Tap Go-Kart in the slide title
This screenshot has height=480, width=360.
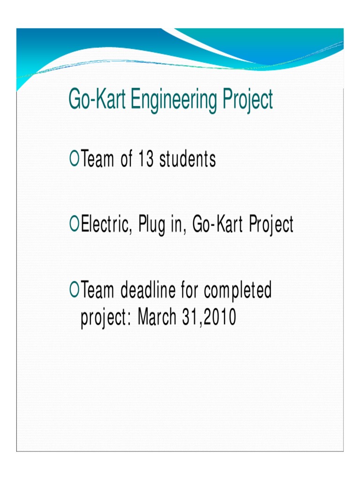pyautogui.click(x=96, y=100)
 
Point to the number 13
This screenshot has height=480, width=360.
pyautogui.click(x=146, y=160)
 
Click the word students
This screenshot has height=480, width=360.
pyautogui.click(x=187, y=160)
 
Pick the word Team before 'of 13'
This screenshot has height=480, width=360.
pyautogui.click(x=97, y=160)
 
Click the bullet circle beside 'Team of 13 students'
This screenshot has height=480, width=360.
pyautogui.click(x=73, y=159)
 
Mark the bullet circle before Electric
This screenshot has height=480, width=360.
pyautogui.click(x=73, y=225)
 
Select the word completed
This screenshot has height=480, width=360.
pyautogui.click(x=238, y=292)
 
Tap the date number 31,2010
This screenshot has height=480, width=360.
pyautogui.click(x=209, y=318)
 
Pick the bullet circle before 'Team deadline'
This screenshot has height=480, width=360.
pyautogui.click(x=73, y=291)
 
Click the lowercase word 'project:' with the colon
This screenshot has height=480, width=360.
pyautogui.click(x=106, y=319)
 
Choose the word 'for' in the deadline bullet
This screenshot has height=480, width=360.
pyautogui.click(x=189, y=291)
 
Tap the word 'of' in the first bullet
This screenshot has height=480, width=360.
pyautogui.click(x=126, y=160)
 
